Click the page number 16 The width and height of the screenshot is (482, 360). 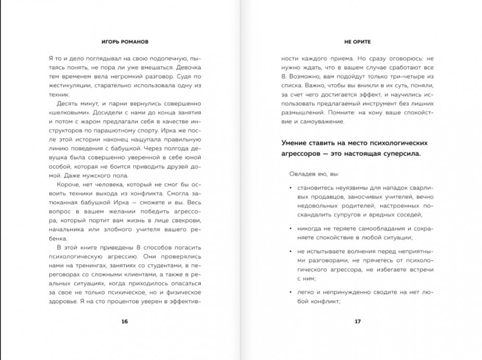point(124,321)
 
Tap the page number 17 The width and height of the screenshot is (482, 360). point(357,321)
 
